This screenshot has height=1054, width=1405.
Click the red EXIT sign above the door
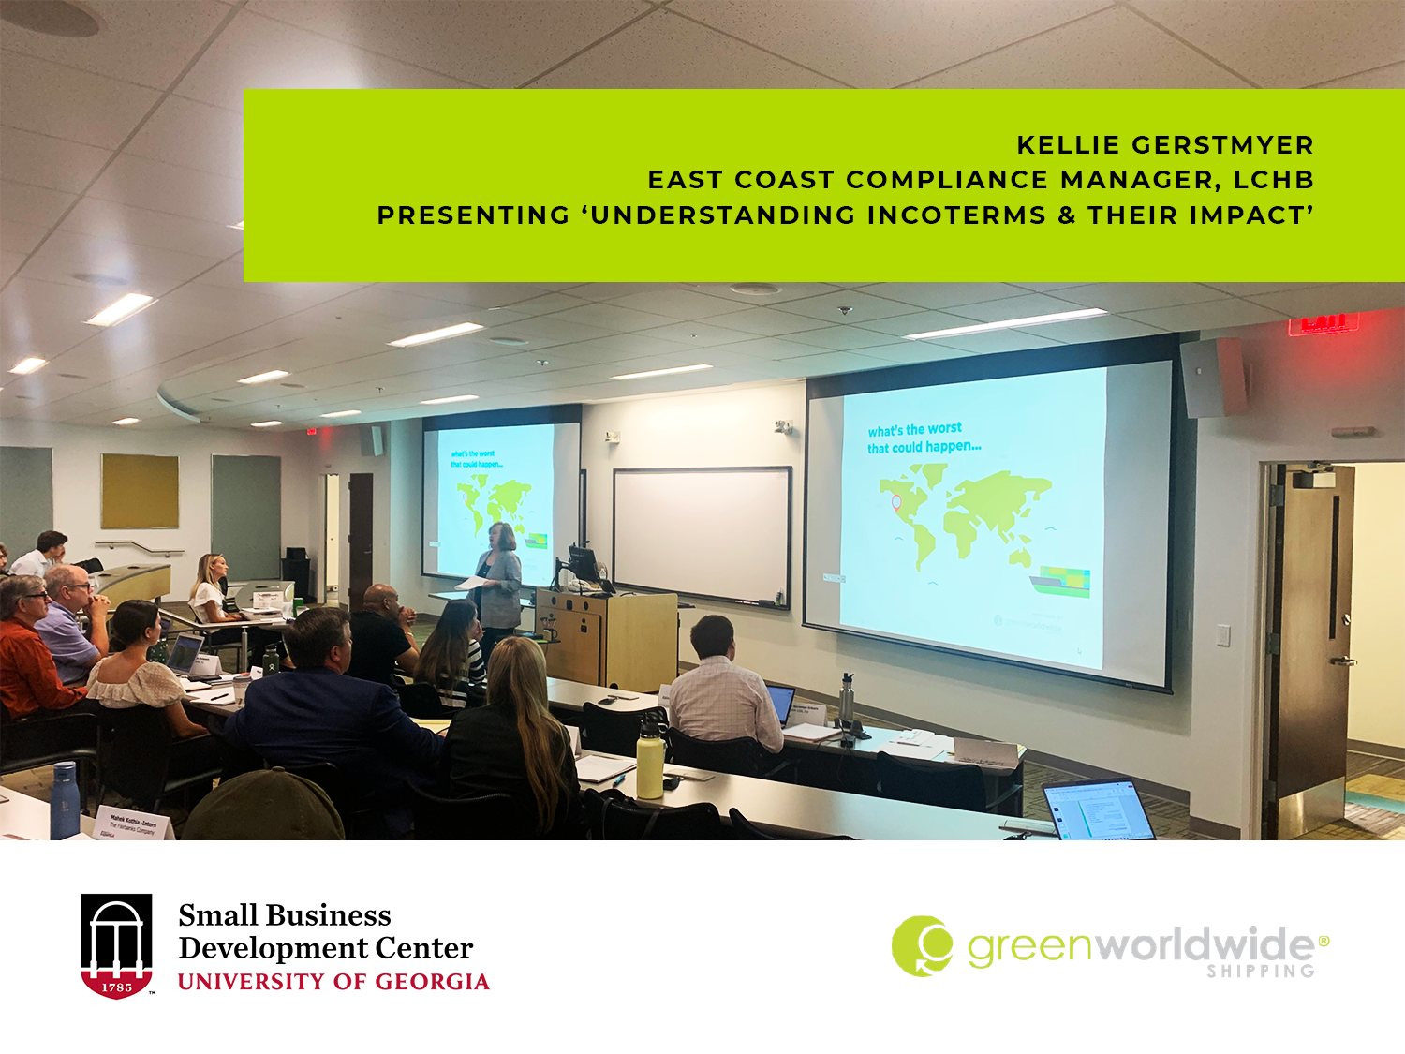click(1323, 323)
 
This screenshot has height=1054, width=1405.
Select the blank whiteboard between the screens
click(702, 536)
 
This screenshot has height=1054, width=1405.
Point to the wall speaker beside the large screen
click(1214, 377)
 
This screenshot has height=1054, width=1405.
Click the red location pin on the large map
click(895, 502)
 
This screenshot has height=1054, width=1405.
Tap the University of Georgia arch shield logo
click(116, 945)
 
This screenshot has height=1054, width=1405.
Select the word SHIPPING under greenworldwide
click(1260, 972)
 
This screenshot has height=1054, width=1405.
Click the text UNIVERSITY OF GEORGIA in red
click(333, 982)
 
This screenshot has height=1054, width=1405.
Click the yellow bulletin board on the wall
click(140, 491)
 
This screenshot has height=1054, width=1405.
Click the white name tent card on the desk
click(136, 824)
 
